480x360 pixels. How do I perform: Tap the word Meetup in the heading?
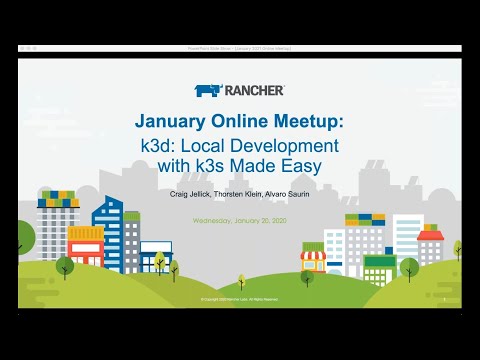306,121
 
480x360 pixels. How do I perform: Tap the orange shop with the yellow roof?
84,245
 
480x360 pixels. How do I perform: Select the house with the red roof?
430,244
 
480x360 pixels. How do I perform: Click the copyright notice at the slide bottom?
240,298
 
